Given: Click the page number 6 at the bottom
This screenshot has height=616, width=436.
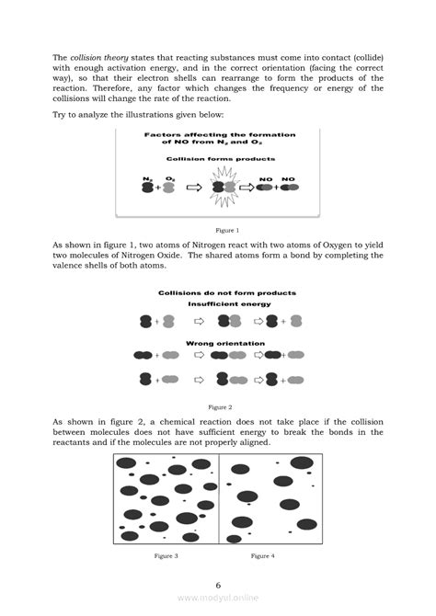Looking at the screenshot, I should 218,585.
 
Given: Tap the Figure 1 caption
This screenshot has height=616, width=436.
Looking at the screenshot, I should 226,230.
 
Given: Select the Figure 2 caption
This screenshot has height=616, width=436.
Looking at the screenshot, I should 219,406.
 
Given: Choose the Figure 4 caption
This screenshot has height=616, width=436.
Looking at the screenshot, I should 263,556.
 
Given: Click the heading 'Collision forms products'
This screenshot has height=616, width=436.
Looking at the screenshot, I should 217,159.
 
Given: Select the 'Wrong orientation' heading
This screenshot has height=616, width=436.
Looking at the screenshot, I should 225,344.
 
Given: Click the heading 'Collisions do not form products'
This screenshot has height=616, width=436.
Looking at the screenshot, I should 226,292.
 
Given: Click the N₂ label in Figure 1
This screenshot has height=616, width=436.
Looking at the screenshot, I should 147,177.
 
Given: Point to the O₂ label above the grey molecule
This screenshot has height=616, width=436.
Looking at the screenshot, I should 170,177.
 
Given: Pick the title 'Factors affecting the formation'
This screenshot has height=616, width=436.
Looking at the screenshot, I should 219,135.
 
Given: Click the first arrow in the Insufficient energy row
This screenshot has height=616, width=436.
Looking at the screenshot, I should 199,321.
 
